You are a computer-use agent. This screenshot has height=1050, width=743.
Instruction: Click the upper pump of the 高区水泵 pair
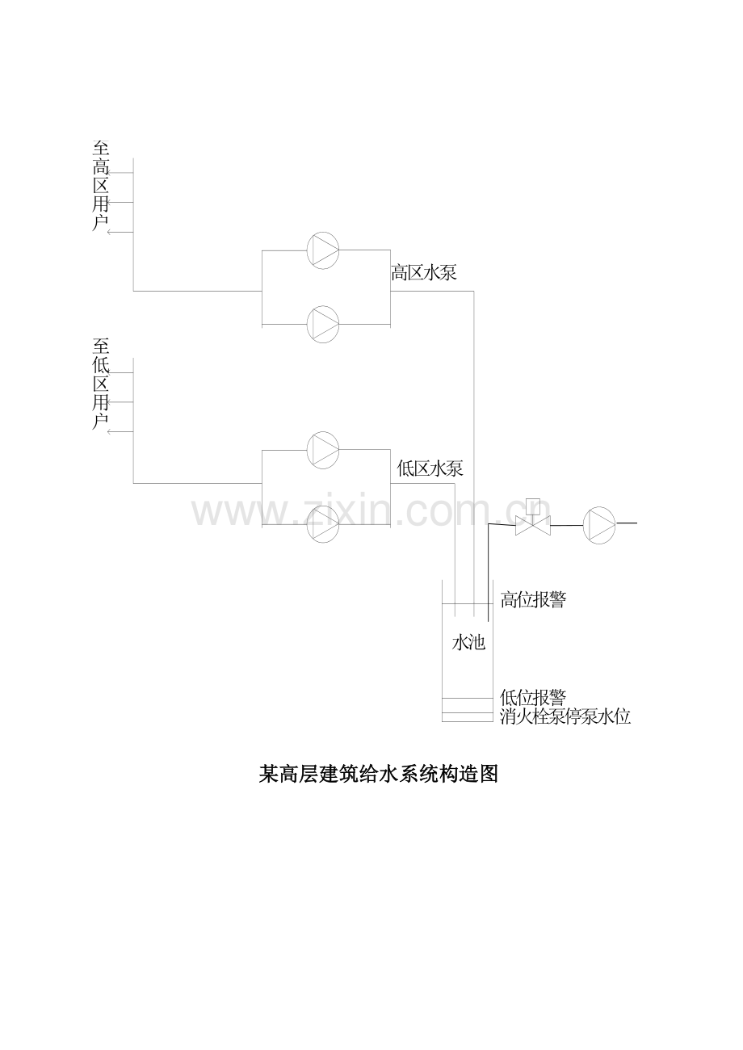pos(323,250)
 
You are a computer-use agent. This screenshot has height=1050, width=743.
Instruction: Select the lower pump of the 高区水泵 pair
pos(323,324)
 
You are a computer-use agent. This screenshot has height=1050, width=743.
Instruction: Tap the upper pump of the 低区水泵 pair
pos(323,450)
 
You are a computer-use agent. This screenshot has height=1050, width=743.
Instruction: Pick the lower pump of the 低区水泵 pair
pos(323,524)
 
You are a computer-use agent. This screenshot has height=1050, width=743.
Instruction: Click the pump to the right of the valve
pos(599,526)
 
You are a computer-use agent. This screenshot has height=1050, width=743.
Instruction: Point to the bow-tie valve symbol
pos(533,526)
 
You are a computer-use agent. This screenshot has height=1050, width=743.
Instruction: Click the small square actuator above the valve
pos(533,506)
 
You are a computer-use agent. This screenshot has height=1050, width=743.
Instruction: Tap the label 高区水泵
pos(424,272)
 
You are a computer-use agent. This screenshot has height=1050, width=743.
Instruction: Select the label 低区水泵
pos(430,468)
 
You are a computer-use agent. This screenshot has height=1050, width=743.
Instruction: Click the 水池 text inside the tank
pos(468,642)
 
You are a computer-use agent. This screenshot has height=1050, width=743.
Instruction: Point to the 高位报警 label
pos(533,599)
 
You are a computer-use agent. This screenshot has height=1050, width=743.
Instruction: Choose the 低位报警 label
pos(533,698)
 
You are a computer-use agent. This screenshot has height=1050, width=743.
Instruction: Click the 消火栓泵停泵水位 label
pos(565,716)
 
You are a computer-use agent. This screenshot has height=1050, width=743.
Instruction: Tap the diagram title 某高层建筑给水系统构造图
pos(378,775)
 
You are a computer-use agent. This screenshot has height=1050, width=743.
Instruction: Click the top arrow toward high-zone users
pos(120,173)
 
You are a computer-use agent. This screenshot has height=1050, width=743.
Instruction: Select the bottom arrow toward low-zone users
pos(120,432)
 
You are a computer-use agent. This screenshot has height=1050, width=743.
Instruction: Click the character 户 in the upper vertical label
pos(101,223)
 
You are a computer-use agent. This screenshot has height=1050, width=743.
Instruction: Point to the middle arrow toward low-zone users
pos(120,402)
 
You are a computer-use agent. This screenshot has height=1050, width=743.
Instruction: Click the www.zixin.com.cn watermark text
pos(371,511)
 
